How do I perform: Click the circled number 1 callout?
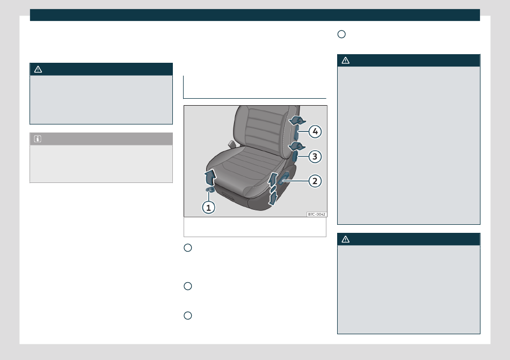point(208,207)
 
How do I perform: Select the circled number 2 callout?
point(315,181)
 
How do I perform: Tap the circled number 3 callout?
point(315,157)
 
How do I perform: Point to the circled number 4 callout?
point(315,131)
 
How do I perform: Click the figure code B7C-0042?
point(317,215)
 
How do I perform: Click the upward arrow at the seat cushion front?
point(210,177)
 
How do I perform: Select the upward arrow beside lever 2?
point(272,179)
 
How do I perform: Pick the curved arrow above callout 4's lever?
point(297,121)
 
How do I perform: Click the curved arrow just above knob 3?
point(297,146)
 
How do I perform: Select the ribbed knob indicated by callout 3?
point(295,157)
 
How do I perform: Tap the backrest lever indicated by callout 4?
point(296,133)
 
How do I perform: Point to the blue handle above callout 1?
point(210,189)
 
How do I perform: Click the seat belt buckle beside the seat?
point(231,144)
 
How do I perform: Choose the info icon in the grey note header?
point(38,139)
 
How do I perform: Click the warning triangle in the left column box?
point(38,69)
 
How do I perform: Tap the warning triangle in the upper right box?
point(345,60)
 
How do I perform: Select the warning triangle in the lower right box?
point(345,239)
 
